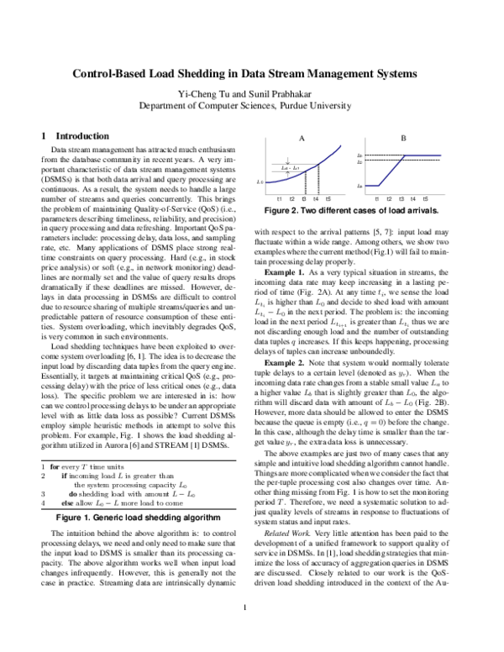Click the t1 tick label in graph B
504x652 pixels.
377,198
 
